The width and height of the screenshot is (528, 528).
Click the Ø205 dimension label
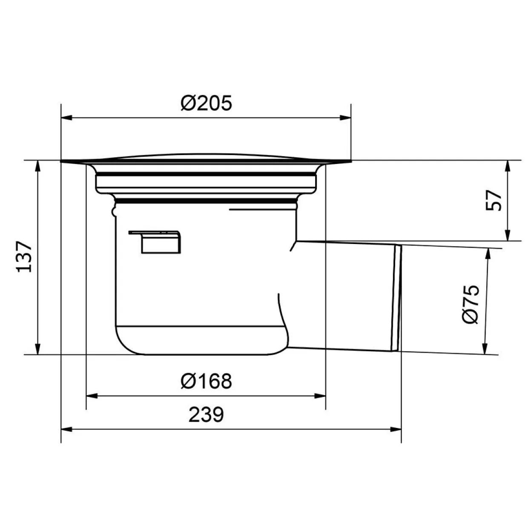(x=207, y=103)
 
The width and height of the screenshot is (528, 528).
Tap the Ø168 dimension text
(x=207, y=381)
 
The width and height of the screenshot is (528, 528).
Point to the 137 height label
(x=24, y=257)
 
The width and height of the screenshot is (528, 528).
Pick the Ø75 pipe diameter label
(x=471, y=305)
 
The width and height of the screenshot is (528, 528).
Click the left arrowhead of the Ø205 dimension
(x=66, y=118)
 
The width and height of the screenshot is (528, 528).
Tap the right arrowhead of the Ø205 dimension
(x=345, y=118)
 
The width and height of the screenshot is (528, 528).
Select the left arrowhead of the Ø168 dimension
(x=92, y=396)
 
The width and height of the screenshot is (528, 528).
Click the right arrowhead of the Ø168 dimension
(x=320, y=396)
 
